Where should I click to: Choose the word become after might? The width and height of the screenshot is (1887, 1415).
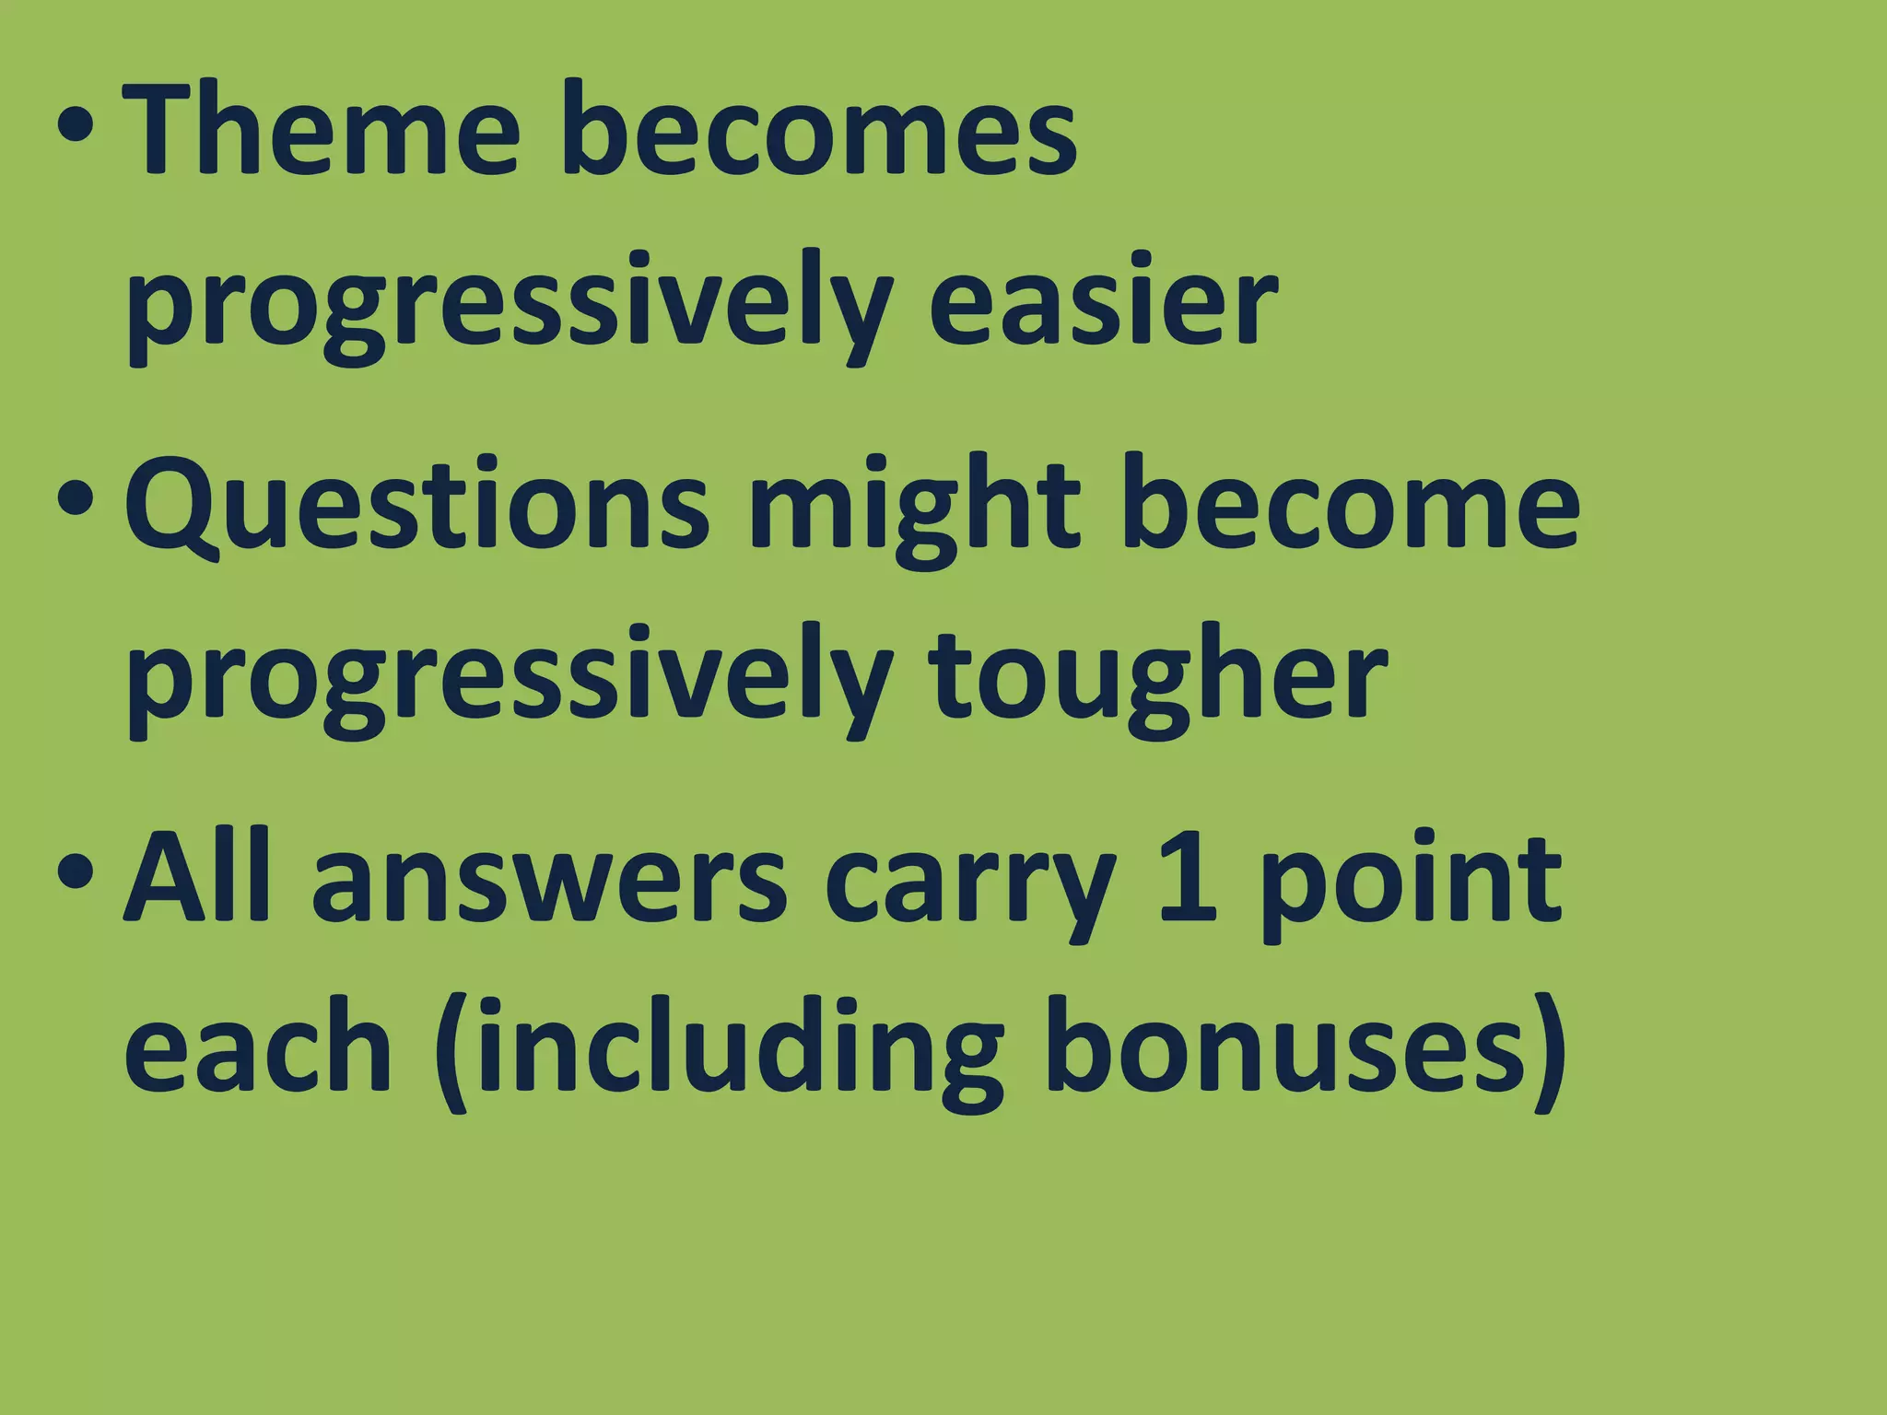1350,507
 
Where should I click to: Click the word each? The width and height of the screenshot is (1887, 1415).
259,1050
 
